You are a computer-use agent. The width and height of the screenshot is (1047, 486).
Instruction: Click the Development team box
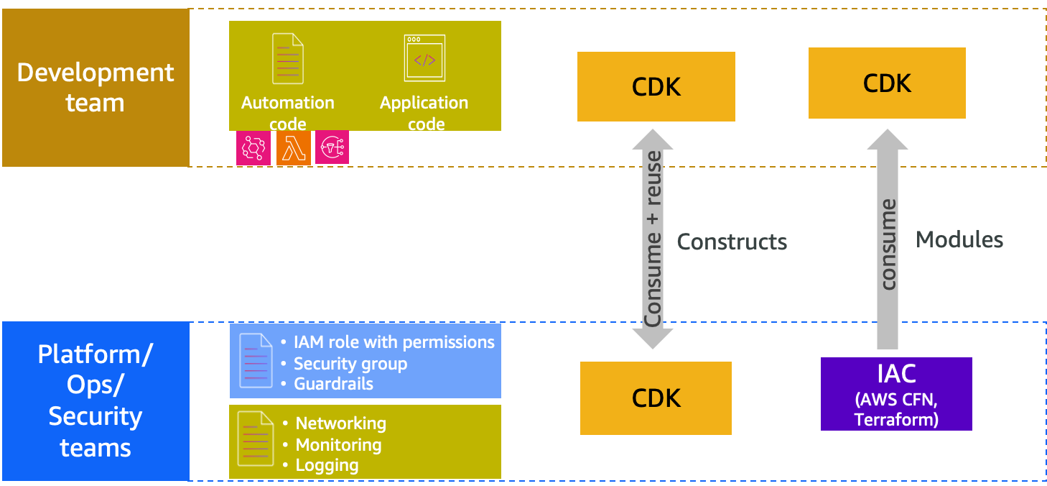point(96,88)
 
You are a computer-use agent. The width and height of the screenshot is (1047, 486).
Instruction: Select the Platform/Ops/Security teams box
point(96,401)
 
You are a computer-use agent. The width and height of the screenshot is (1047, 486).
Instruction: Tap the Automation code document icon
point(287,59)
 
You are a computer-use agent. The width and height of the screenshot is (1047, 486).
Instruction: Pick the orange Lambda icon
point(293,148)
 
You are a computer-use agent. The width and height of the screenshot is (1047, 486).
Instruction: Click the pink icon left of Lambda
point(253,148)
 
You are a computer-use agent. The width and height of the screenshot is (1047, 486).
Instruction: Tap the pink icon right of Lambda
point(332,147)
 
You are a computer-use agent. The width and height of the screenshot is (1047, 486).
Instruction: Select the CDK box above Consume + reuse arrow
point(656,86)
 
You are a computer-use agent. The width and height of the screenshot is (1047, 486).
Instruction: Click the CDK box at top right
point(887,83)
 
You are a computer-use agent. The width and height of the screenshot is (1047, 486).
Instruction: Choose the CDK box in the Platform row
point(656,398)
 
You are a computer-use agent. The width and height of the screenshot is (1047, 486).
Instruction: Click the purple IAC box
point(895,394)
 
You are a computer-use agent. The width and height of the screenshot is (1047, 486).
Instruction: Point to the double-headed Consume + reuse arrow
point(653,239)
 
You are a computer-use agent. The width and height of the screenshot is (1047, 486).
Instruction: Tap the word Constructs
point(732,242)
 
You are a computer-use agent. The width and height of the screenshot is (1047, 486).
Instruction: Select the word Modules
point(959,239)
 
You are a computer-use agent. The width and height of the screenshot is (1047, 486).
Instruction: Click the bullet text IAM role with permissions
point(394,342)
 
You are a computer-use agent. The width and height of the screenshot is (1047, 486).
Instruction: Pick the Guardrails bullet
point(333,383)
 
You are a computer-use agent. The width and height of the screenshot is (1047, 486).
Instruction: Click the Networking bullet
point(340,423)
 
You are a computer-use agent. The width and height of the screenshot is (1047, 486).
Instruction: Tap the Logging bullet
point(327,465)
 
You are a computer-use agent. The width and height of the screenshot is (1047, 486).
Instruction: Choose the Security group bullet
point(350,363)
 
